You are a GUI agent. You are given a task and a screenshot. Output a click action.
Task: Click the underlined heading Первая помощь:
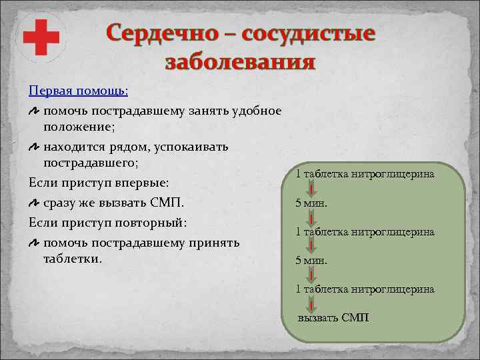(x=79, y=89)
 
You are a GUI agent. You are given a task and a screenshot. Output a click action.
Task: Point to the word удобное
(x=255, y=111)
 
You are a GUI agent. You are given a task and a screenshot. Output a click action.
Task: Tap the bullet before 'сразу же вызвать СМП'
(x=34, y=202)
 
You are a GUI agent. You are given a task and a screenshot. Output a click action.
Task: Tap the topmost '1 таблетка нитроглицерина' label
(x=365, y=174)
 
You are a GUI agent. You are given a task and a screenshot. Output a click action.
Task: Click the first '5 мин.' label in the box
(x=311, y=203)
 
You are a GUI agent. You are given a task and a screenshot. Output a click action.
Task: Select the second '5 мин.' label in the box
(x=311, y=260)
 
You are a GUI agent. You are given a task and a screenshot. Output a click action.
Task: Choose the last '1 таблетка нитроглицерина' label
(x=365, y=289)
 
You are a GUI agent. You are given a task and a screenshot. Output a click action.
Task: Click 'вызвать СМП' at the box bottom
(x=333, y=318)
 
